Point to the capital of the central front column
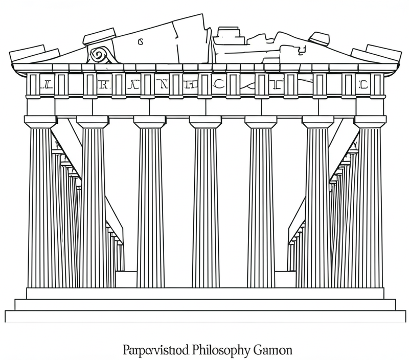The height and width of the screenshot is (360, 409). [x=205, y=122]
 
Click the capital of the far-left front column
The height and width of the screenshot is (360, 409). [x=40, y=122]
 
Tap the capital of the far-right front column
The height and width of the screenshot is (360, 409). [x=370, y=122]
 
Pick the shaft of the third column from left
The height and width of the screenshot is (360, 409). [x=150, y=205]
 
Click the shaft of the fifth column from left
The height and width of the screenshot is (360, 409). [x=261, y=205]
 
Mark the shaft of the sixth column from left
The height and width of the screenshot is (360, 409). [x=317, y=205]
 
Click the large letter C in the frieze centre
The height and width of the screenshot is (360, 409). [x=218, y=85]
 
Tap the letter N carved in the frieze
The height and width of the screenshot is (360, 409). [x=163, y=85]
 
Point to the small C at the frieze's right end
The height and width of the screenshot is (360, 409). [x=364, y=85]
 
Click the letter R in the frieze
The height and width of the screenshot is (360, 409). [x=103, y=85]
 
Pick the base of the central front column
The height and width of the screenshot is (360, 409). [x=205, y=283]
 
